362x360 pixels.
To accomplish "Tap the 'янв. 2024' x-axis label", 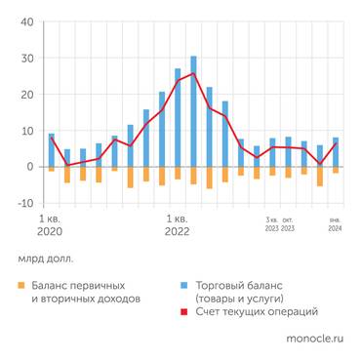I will (335, 224).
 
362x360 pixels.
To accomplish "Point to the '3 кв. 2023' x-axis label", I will (271, 224).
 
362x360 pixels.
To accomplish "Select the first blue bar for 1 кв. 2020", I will (51, 150).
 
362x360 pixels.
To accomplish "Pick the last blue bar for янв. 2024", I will (336, 152).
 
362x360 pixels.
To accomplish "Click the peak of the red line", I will (193, 73).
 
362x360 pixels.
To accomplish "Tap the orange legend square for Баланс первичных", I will (20, 285).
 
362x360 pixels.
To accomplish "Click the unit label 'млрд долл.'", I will (45, 260).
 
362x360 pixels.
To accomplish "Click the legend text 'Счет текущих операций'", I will (257, 312).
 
